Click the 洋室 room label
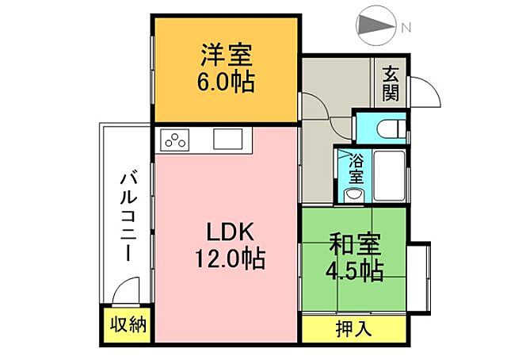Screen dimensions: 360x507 pos(226,56)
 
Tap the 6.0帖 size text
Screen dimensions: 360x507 pos(226,82)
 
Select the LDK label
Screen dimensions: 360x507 pos(229,233)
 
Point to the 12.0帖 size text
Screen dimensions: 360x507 pos(230,259)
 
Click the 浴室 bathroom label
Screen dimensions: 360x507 pos(356,167)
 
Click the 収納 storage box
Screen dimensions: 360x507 pos(126,324)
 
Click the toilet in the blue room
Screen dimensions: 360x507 pos(389,128)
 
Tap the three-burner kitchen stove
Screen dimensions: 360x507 pos(176,140)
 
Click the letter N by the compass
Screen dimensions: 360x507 pos(405,29)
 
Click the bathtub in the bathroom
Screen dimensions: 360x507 pos(389,175)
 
